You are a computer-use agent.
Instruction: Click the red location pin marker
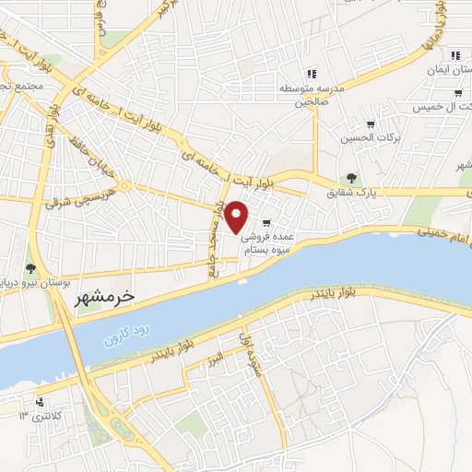coord(237,217)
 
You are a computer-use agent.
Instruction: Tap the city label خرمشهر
coord(102,297)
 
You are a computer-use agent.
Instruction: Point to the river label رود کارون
coord(125,336)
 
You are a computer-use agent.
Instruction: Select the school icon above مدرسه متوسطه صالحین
coord(312,73)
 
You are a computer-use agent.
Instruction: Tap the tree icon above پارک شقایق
coord(350,178)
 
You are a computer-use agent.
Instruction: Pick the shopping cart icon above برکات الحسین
coord(371,124)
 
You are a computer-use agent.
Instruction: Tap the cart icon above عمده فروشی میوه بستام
coord(266,222)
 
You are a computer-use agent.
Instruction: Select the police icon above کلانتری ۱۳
coord(39,402)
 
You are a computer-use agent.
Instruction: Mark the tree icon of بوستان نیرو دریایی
coord(31,267)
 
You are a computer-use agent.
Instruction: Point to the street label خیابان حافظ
coord(85,156)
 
